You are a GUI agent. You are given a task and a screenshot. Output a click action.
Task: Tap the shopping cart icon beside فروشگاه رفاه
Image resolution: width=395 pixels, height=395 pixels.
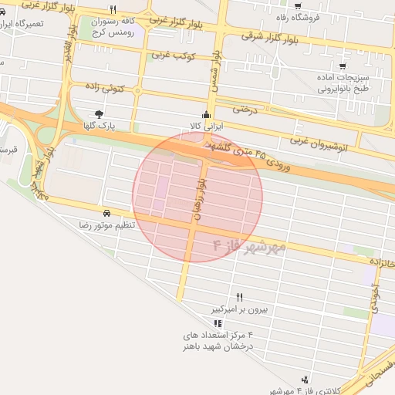299,6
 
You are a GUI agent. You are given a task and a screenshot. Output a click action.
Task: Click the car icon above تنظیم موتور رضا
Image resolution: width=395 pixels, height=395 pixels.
105,212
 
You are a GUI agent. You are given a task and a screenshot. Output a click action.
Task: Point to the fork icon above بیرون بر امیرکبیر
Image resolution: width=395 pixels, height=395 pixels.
239,297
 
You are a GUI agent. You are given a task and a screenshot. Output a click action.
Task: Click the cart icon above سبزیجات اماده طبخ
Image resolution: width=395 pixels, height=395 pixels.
343,66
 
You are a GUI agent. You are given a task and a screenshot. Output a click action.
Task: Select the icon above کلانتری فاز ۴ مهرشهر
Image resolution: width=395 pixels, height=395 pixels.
306,380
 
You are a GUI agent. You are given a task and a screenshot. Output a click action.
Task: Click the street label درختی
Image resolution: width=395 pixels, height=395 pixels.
244,109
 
